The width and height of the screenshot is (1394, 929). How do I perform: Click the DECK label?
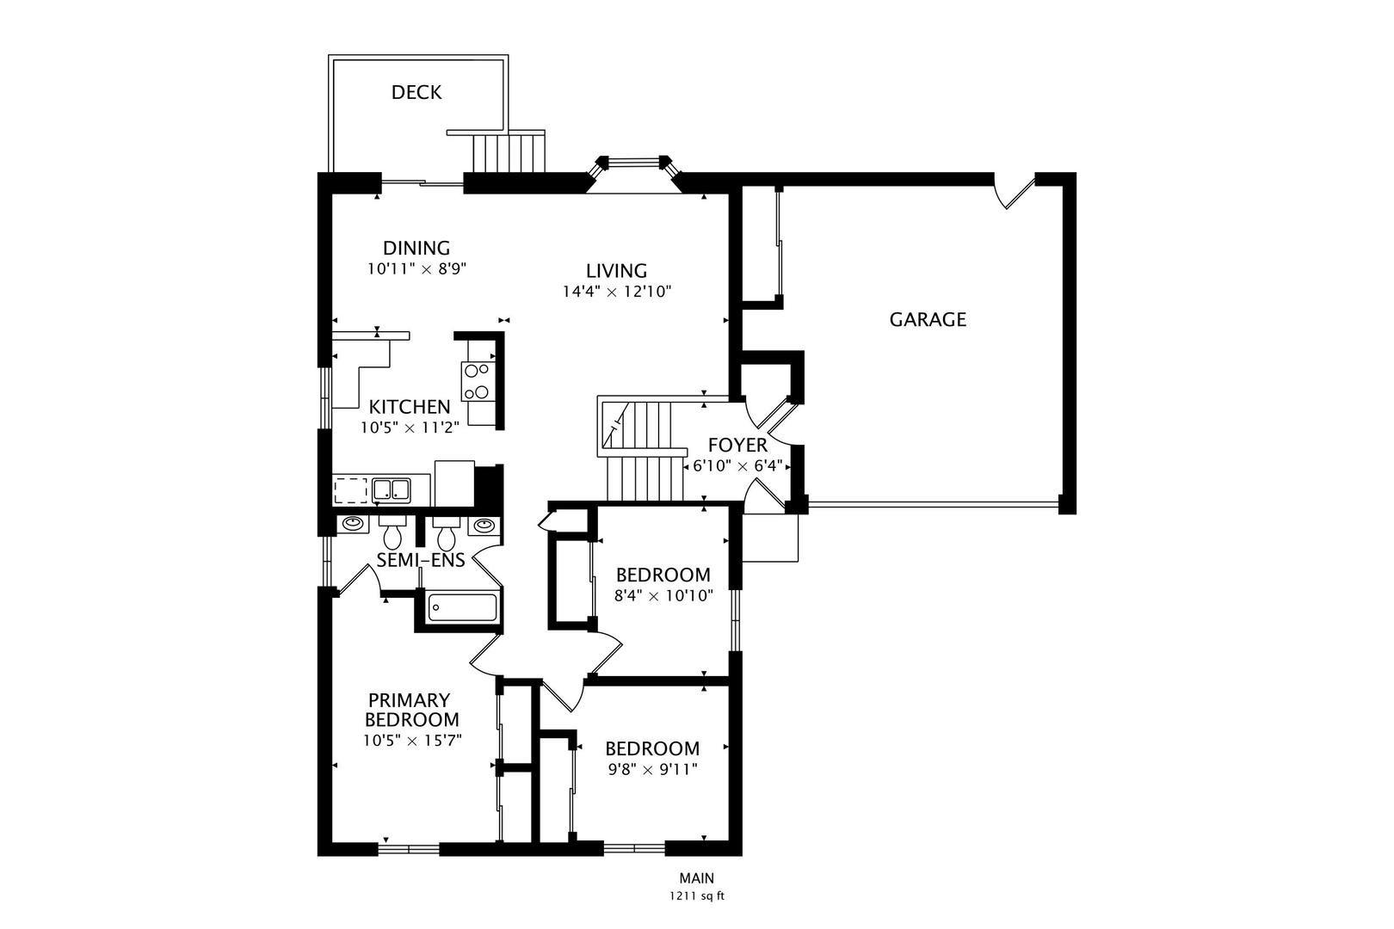tap(416, 93)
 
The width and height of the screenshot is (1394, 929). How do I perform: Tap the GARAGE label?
tap(927, 320)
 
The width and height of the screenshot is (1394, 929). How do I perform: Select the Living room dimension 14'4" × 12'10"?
tap(616, 292)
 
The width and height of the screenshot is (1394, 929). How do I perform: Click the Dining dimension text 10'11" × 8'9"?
tap(416, 268)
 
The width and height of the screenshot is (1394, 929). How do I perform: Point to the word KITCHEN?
tap(410, 407)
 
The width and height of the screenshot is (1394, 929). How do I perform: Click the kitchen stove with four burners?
tap(477, 381)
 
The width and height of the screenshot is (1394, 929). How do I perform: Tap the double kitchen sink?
tap(391, 489)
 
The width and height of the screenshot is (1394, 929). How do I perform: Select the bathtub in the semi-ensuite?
tap(462, 607)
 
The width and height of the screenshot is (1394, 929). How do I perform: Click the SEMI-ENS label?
tap(421, 561)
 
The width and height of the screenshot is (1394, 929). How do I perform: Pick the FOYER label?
tap(737, 446)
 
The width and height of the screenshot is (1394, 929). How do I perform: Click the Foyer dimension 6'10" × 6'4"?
tap(737, 466)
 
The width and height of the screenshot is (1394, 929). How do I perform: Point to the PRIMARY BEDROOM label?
tap(411, 711)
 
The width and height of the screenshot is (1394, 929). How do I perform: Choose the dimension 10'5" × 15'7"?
tap(412, 740)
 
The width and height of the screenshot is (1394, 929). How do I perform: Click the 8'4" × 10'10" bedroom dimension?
tap(663, 595)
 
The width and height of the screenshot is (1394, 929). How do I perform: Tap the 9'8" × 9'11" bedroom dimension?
tap(651, 769)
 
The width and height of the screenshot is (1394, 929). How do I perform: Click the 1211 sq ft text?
tap(697, 896)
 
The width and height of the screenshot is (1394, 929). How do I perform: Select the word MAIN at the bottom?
tap(696, 878)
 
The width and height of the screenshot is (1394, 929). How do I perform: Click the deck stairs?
tap(509, 153)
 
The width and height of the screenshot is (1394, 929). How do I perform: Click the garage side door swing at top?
tap(1015, 191)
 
